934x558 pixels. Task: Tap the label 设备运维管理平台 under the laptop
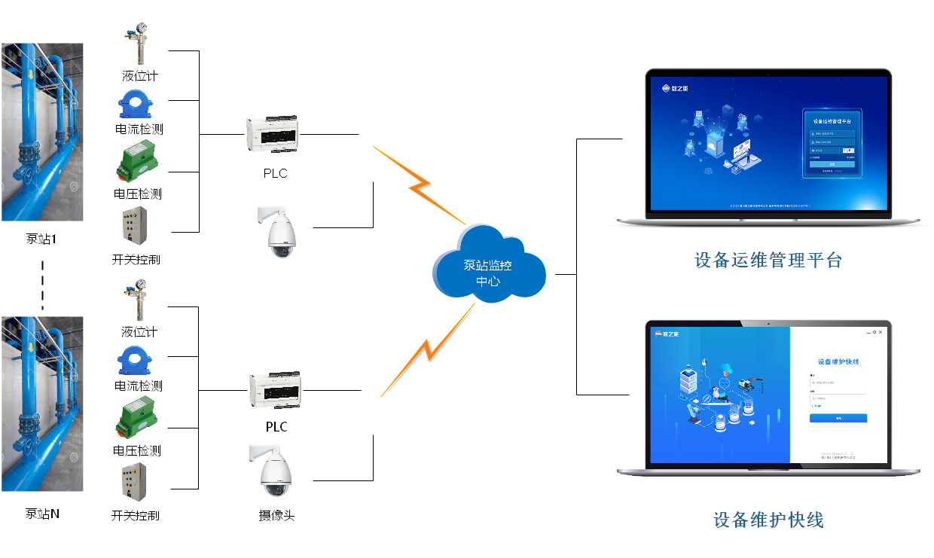(x=768, y=261)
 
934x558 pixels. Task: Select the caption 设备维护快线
(x=768, y=520)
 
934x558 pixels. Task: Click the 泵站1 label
(x=41, y=239)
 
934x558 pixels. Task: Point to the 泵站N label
(x=42, y=514)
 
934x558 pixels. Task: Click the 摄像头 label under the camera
(x=276, y=516)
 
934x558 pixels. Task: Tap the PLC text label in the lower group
(x=276, y=427)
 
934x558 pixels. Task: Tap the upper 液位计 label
(x=140, y=76)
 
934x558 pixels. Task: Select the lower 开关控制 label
(x=136, y=516)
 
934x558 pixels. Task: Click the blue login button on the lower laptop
(x=838, y=418)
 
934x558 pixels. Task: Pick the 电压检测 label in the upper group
(x=138, y=194)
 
